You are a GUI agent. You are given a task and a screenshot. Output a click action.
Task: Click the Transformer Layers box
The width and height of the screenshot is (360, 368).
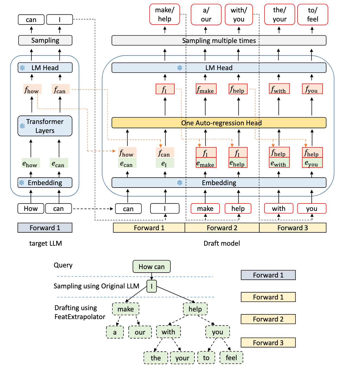coord(45,126)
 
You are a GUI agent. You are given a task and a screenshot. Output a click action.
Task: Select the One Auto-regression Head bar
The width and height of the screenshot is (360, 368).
coord(219,123)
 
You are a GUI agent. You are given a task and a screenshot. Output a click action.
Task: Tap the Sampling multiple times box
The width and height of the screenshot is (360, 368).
coord(219,40)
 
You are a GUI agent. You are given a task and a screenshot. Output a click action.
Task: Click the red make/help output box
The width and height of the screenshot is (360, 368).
coord(165,14)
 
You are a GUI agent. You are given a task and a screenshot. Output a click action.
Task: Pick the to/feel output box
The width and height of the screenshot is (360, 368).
coord(312,14)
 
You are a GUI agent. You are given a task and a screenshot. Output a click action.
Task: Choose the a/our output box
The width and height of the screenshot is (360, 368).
coord(206,14)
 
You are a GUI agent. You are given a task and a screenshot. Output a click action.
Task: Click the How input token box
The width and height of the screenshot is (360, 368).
coord(31,208)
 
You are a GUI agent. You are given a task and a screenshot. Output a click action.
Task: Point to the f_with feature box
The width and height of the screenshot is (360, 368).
coord(279,89)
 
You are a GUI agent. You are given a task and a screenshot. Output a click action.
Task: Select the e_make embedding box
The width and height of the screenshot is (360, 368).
coord(206,163)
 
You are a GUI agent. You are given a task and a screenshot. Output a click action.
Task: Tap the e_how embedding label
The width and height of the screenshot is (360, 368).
coord(30,163)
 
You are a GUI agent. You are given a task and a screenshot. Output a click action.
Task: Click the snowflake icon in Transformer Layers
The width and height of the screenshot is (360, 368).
coord(22,126)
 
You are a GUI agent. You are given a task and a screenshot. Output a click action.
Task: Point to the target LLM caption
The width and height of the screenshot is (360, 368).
coord(45,243)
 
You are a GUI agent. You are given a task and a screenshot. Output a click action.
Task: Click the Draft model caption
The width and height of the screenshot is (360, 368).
coord(222,243)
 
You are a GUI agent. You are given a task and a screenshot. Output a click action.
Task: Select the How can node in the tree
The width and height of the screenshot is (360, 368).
coord(151,267)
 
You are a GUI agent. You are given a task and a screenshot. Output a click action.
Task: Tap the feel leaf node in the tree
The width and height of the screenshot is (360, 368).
coord(231,358)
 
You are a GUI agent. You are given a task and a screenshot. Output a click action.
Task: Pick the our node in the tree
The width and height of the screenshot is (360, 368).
coord(140,332)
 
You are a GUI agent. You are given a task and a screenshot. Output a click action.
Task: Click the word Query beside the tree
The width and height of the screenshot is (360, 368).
coord(63,265)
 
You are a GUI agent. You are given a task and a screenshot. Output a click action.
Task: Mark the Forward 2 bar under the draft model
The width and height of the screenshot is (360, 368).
coord(222,228)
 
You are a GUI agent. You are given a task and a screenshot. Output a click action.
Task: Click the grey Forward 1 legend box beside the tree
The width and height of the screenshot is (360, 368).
coord(268,275)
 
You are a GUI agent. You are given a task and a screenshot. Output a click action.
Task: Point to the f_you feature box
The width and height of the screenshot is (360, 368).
coord(312,89)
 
